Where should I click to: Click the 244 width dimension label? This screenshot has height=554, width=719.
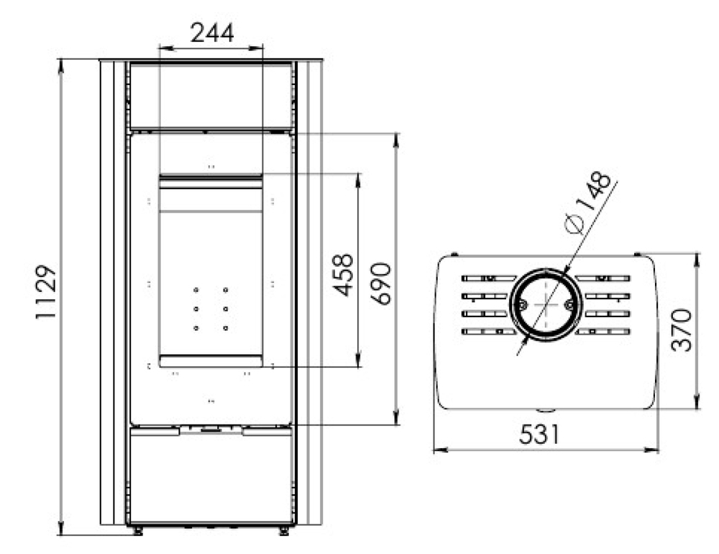click(212, 32)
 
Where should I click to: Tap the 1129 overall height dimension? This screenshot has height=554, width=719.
click(46, 292)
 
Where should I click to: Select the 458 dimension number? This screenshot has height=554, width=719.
click(343, 275)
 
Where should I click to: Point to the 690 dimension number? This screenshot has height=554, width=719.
click(381, 283)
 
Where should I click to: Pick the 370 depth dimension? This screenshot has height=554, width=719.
click(681, 330)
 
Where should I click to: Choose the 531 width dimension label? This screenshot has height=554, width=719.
click(539, 434)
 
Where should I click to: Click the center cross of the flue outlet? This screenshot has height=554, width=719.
click(546, 305)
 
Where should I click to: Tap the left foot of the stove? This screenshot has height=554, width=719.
click(137, 530)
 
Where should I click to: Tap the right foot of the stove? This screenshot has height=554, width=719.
click(284, 530)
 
